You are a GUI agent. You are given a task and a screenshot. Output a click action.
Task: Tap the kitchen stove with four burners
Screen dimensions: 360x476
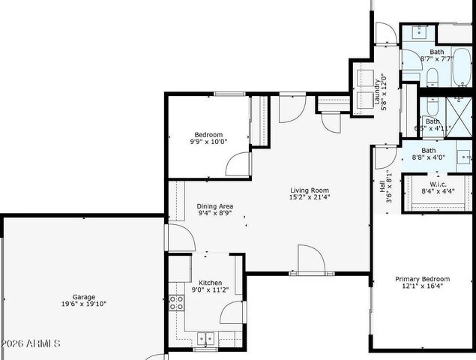click(178, 302)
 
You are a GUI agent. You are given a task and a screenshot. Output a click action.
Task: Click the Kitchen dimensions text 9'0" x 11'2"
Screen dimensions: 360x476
click(205, 289)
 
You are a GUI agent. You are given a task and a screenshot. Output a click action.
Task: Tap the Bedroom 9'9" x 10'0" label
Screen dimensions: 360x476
click(206, 137)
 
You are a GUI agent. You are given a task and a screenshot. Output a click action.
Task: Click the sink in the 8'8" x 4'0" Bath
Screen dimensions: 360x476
click(464, 157)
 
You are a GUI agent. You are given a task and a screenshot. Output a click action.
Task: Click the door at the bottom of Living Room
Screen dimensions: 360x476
click(310, 259)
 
